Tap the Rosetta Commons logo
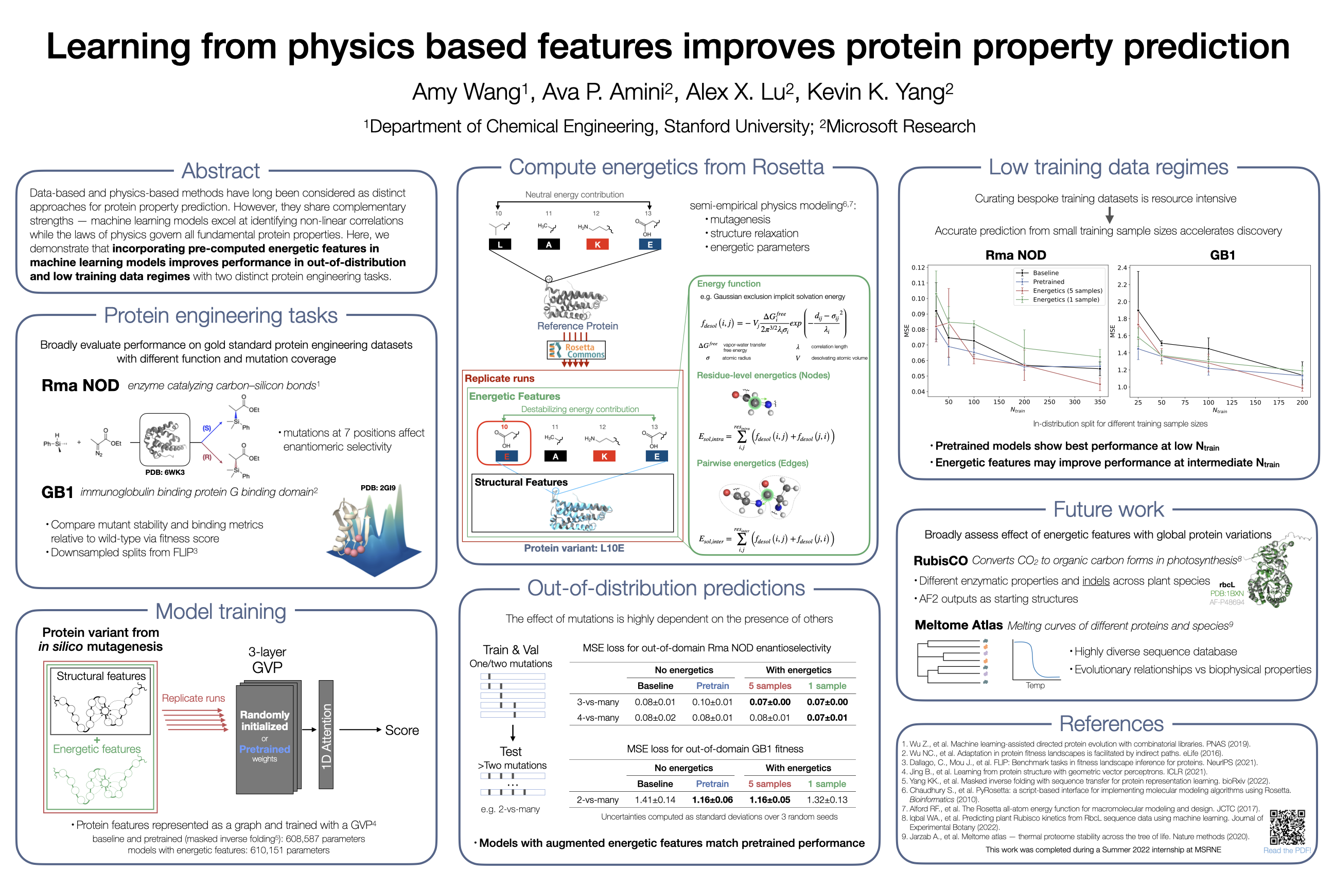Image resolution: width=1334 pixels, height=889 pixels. (x=576, y=350)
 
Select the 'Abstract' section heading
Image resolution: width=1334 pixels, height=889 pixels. (x=221, y=171)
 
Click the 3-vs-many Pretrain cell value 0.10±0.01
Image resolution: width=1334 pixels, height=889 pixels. (x=712, y=702)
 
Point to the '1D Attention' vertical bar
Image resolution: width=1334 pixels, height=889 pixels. (x=326, y=734)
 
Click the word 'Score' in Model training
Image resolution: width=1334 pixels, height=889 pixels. (x=401, y=730)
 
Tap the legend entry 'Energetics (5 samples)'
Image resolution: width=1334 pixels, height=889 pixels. (x=1067, y=290)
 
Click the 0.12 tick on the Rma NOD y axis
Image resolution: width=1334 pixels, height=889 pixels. (x=918, y=268)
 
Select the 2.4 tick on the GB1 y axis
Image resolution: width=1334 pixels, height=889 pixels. (x=1122, y=268)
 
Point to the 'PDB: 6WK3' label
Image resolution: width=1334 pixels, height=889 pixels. (x=165, y=472)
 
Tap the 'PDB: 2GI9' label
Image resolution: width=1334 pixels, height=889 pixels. (x=378, y=488)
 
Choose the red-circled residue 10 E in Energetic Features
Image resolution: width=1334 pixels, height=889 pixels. (x=504, y=443)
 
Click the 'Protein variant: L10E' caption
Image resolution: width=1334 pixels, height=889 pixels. (x=573, y=548)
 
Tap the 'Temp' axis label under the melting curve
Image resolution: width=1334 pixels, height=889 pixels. (x=1034, y=685)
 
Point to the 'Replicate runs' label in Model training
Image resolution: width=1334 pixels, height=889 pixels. (x=194, y=698)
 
